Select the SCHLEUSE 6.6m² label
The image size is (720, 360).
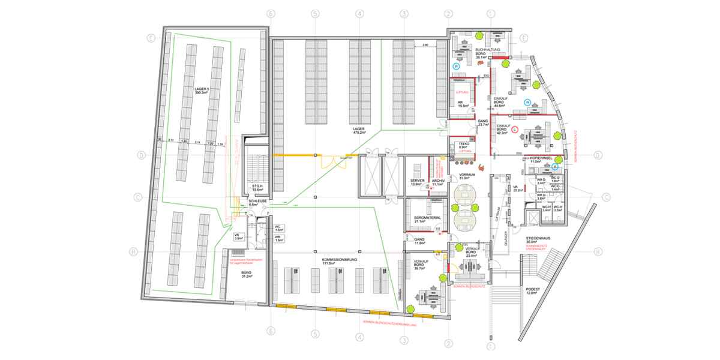(x=249, y=202)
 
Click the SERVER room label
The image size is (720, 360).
(x=418, y=182)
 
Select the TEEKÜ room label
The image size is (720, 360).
(x=463, y=145)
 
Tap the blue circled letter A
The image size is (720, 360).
(x=555, y=167)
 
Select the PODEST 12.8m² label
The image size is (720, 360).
(x=532, y=291)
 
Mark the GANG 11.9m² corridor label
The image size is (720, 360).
(x=419, y=242)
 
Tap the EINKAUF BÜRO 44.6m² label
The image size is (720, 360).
(x=500, y=103)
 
